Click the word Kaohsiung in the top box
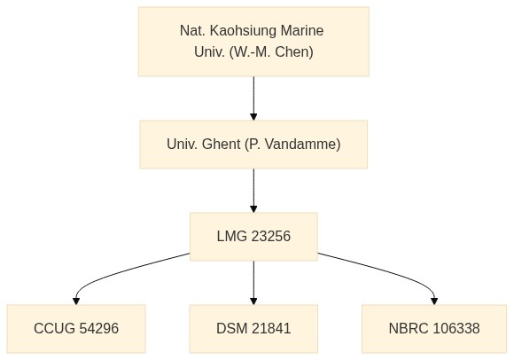tap(242, 31)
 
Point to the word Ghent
tap(221, 145)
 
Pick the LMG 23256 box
tap(253, 237)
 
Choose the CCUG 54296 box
tap(76, 329)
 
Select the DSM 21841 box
tap(253, 329)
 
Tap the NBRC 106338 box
tap(434, 329)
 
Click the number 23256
tap(271, 237)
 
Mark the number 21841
tap(271, 329)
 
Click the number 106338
tap(456, 329)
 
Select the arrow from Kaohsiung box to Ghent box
tap(253, 98)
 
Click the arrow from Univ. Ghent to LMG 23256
tap(253, 191)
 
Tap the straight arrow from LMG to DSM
tap(253, 283)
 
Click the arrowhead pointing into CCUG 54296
tap(76, 301)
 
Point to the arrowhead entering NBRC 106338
tap(434, 301)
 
